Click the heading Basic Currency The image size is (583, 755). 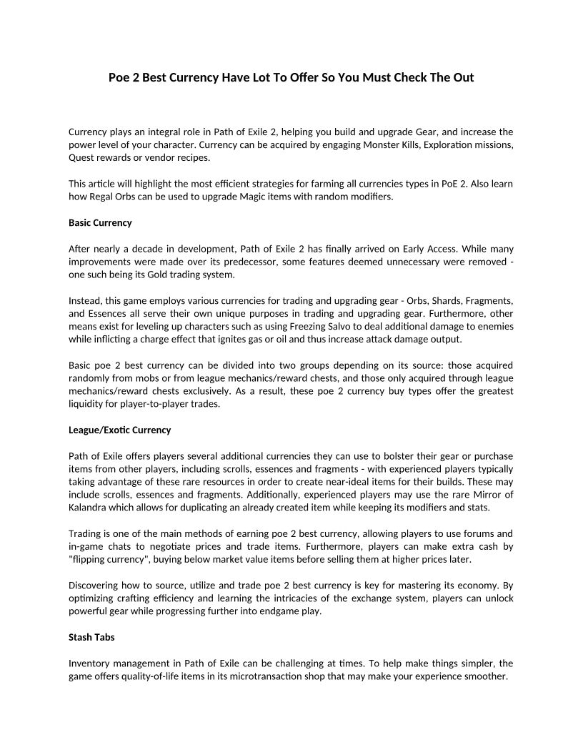[x=100, y=222]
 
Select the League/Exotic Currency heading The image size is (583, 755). [x=119, y=430]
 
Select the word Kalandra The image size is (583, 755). [x=89, y=508]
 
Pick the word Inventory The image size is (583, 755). [x=91, y=663]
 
